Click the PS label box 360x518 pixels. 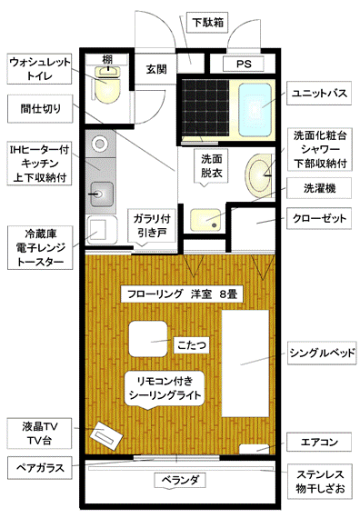pos(244,64)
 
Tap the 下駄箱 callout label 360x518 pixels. pos(207,23)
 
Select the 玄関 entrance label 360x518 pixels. pos(156,69)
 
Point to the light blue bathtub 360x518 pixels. pos(255,109)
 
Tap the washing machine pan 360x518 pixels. pos(205,220)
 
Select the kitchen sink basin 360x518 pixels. pos(102,194)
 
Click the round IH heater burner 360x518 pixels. pos(99,144)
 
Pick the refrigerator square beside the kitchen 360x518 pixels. pos(101,230)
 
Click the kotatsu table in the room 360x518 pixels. pos(148,339)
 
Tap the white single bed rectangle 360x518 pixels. pos(245,364)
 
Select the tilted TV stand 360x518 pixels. pos(106,436)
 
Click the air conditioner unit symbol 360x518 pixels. pos(254,449)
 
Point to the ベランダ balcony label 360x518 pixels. pos(180,480)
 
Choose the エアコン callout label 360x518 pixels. pos(319,442)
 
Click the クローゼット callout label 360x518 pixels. pos(319,218)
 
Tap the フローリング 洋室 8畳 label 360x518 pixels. pos(182,294)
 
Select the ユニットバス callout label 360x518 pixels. pos(319,94)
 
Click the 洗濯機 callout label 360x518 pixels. pos(319,188)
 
